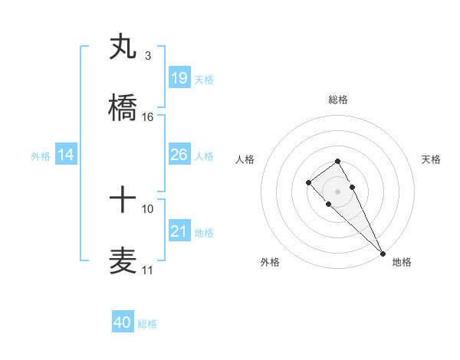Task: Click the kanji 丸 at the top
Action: click(123, 47)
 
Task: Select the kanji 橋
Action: click(123, 108)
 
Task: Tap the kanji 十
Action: click(123, 201)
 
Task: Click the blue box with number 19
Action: click(179, 77)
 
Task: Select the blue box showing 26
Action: click(179, 154)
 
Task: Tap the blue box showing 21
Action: click(179, 231)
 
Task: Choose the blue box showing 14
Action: click(66, 155)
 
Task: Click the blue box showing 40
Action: click(123, 322)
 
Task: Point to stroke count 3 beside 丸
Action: click(147, 56)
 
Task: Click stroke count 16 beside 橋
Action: click(148, 117)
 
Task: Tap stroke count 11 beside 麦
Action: click(147, 270)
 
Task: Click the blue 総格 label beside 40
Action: click(147, 324)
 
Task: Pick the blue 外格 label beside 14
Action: click(41, 155)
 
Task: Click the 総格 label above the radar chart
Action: click(338, 100)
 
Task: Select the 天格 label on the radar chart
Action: click(432, 159)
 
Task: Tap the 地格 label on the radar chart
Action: click(402, 262)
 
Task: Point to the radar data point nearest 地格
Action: click(383, 253)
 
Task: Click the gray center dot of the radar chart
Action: click(338, 191)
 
